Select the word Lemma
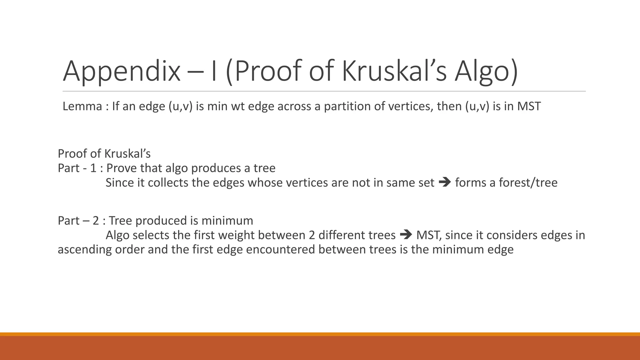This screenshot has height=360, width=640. pos(82,106)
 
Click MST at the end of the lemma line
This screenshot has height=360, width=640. pos(529,106)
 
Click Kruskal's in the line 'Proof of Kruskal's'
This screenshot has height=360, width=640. pos(127,154)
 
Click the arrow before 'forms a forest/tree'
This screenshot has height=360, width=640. pos(445,182)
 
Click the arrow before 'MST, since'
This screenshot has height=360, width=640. pos(406,235)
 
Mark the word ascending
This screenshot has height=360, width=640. pos(85,250)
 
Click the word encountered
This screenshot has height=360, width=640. pos(280,249)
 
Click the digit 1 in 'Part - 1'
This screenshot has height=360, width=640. pos(93,168)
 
